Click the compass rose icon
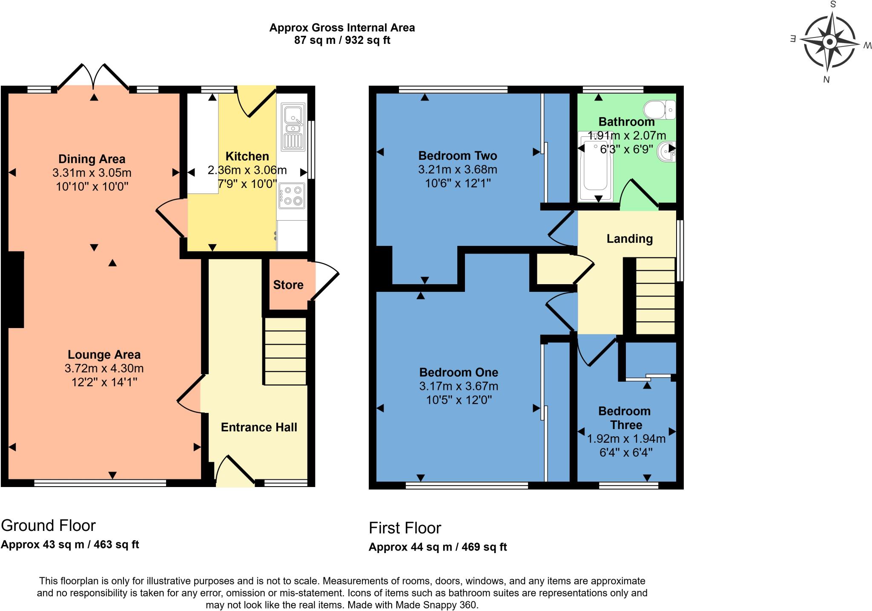[829, 42]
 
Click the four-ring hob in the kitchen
[292, 196]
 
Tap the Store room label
[288, 285]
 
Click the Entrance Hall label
[259, 427]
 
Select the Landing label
[629, 239]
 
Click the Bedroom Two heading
[458, 156]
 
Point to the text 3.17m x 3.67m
[459, 386]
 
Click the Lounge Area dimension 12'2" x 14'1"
[104, 382]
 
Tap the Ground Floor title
[49, 525]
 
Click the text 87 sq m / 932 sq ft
[342, 40]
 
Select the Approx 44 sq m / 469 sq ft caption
[438, 547]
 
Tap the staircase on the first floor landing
[655, 296]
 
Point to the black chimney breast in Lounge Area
[16, 289]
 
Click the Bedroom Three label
[625, 418]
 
